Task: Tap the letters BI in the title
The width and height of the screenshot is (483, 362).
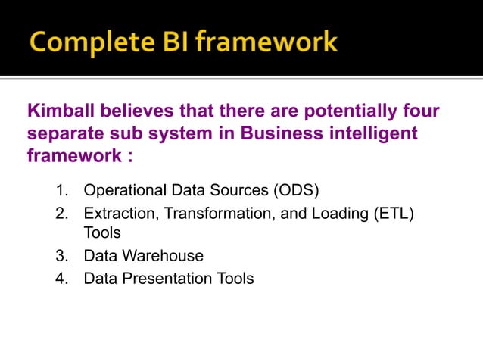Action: pos(171,41)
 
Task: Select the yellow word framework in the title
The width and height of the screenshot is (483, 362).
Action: pos(266,41)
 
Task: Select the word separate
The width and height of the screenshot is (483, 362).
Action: pos(66,134)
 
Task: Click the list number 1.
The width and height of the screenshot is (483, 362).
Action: pos(63,189)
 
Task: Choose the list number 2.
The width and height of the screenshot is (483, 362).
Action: pos(63,214)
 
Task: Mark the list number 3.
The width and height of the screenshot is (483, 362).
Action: pos(63,256)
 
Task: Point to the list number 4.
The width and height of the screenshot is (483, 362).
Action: pos(63,279)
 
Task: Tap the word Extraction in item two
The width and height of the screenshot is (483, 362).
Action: pos(117,214)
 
